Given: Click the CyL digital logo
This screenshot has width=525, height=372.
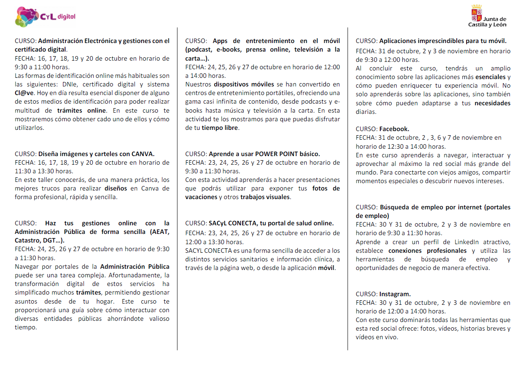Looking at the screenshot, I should (x=45, y=17).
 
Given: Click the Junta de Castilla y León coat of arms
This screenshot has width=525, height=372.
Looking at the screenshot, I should (x=477, y=13).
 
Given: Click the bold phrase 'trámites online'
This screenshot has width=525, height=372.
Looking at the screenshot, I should (x=82, y=110).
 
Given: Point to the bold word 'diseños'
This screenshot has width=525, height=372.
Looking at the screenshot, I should (x=116, y=188).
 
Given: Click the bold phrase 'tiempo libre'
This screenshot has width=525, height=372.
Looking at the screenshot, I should (x=220, y=127).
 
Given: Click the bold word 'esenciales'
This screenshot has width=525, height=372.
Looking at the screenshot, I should (x=490, y=77).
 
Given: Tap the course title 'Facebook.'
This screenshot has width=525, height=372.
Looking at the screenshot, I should (x=394, y=129).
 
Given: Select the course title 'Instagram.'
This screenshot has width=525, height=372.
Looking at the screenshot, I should (x=395, y=294).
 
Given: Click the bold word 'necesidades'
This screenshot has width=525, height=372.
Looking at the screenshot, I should (x=492, y=103).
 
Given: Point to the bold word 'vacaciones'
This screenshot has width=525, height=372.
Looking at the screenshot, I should (x=201, y=197).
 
